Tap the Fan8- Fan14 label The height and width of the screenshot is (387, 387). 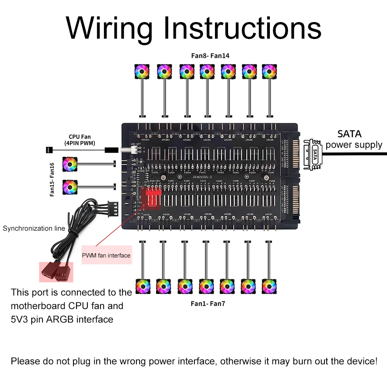coord(210,56)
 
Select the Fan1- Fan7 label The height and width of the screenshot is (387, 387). coord(208,303)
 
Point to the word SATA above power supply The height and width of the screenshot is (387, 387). coord(349,134)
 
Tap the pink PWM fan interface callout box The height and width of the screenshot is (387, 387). coord(106,255)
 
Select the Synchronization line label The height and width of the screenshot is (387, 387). coord(34,228)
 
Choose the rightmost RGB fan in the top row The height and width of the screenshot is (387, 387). coord(269,71)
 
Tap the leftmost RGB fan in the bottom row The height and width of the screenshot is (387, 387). coord(142,286)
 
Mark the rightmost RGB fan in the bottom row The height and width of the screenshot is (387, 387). coord(269,286)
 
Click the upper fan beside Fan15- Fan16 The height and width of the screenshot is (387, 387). coord(70,164)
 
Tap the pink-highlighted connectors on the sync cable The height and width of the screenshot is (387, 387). coord(56,272)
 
